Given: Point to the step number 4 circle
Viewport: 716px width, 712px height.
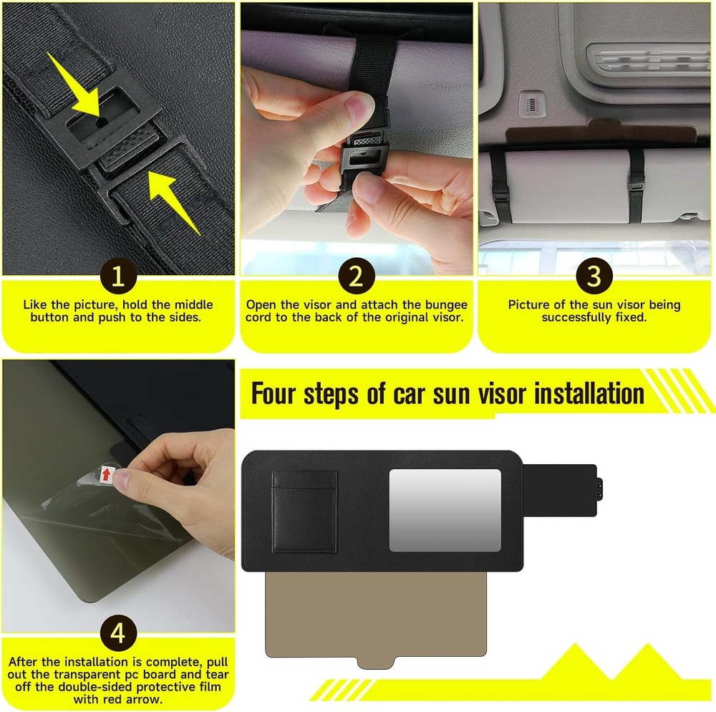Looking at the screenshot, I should coord(118,632).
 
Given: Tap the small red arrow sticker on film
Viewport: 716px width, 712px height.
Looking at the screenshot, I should coord(107,473).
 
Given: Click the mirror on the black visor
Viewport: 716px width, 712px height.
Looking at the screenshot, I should coord(445,509).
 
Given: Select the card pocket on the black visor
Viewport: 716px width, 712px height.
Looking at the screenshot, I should coord(304,511).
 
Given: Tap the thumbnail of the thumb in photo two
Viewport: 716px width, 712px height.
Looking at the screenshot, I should coord(354,109).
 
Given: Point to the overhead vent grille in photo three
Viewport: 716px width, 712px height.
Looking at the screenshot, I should coord(648,58).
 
